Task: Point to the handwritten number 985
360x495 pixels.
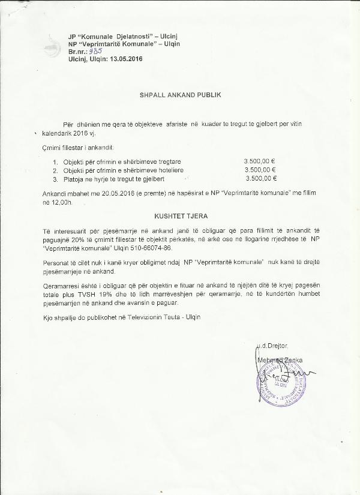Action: pos(94,51)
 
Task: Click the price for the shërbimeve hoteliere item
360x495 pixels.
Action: pos(260,170)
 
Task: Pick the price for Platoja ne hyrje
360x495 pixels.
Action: pos(261,179)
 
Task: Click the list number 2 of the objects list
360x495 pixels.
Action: pos(55,170)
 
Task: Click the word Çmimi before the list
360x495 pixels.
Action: pos(52,147)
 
